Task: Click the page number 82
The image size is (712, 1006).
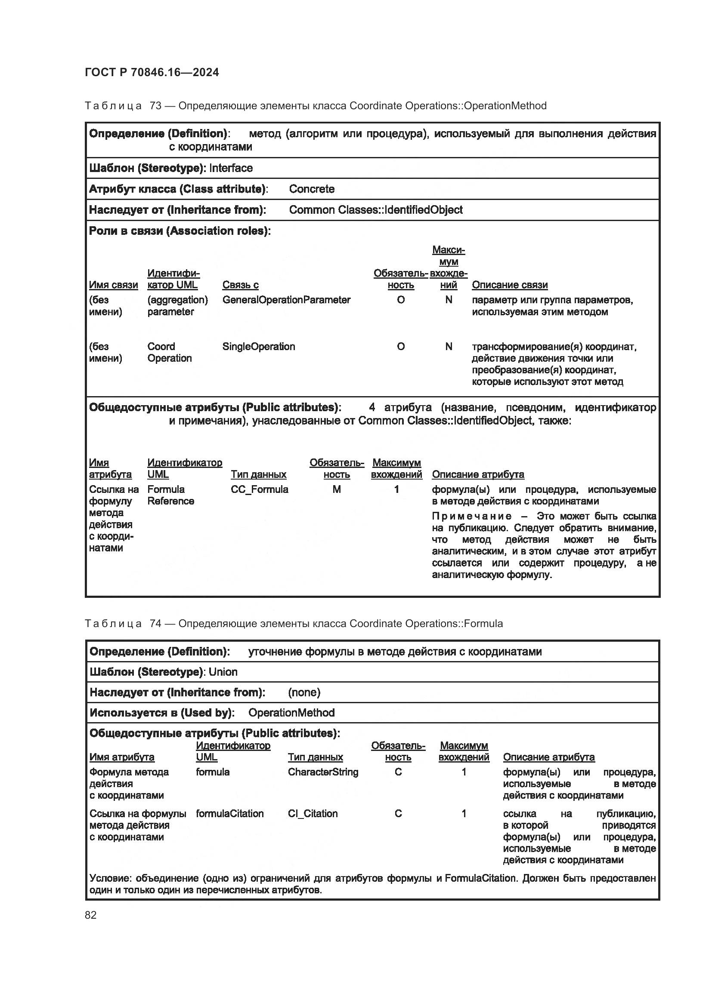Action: [x=91, y=915]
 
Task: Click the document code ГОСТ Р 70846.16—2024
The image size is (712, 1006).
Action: [x=152, y=72]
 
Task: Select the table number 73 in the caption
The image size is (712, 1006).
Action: [x=155, y=106]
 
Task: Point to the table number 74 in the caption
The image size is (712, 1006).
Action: [x=155, y=624]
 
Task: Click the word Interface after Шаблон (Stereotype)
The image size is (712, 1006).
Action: [x=231, y=168]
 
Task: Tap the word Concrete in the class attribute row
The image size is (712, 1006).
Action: [x=312, y=189]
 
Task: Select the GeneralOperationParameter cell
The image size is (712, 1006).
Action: [x=286, y=300]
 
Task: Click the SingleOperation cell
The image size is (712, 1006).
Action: [x=259, y=347]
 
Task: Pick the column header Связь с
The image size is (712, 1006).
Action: [x=240, y=285]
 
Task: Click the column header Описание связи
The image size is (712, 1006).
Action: [x=509, y=285]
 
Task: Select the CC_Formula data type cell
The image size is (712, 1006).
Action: [x=260, y=489]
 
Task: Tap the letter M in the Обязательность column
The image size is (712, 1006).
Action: [x=336, y=489]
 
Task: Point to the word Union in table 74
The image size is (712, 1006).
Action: [x=223, y=672]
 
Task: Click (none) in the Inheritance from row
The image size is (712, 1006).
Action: [x=304, y=692]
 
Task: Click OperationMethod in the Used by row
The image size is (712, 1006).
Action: [x=291, y=713]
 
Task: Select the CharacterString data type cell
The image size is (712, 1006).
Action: [x=323, y=772]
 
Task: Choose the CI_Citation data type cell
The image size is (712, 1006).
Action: [x=313, y=814]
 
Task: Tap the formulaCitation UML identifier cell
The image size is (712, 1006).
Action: [x=230, y=814]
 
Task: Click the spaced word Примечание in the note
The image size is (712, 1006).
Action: [x=472, y=516]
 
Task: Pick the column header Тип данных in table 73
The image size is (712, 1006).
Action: [x=259, y=474]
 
